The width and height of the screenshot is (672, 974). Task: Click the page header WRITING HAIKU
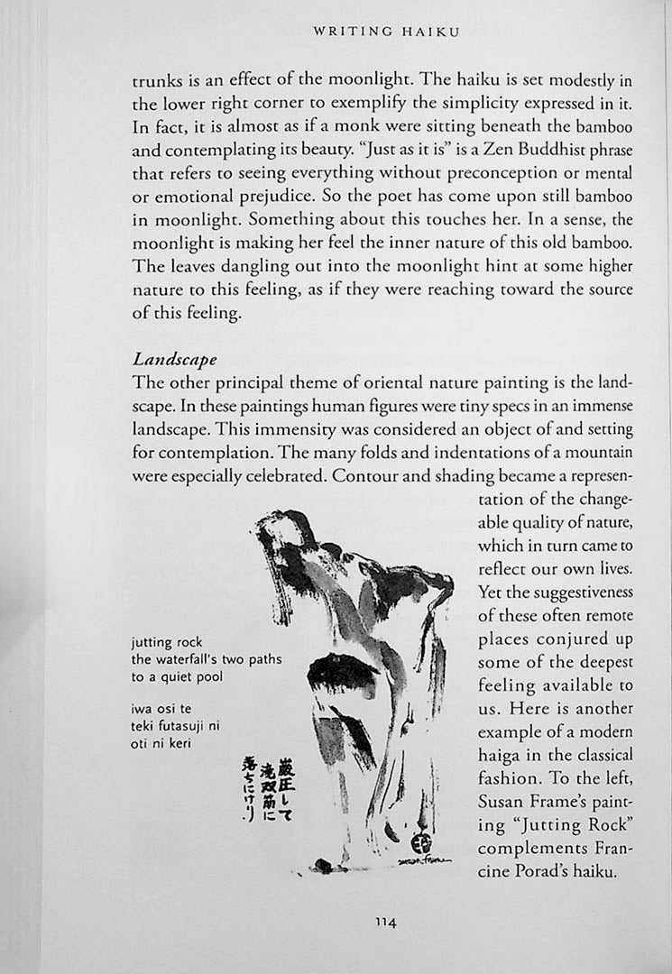386,32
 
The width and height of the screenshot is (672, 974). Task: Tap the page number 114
386,921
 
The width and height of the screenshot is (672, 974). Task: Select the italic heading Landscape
174,359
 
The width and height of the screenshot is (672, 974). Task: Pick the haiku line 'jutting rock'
167,642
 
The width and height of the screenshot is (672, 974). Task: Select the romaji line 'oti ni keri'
163,742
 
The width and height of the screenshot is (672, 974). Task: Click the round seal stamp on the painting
421,845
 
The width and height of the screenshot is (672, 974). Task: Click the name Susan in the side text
502,802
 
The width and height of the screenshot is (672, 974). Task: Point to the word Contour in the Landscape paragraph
361,475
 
